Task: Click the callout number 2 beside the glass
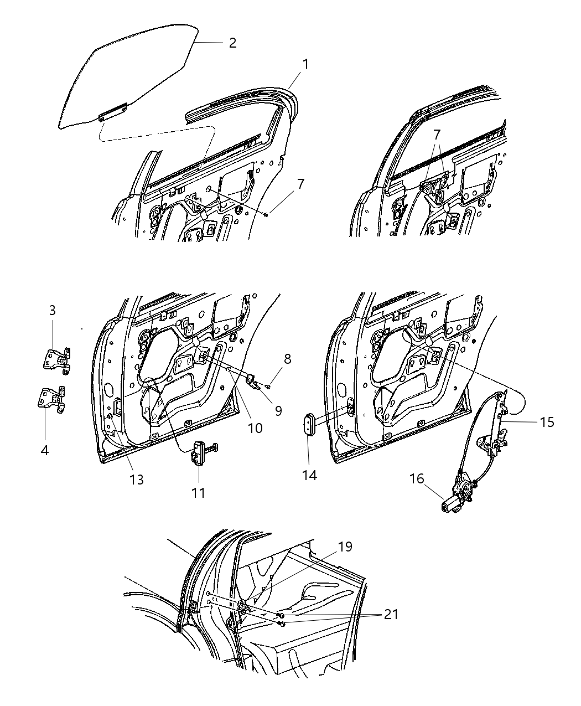(232, 43)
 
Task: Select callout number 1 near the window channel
(305, 64)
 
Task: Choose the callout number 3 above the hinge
(53, 311)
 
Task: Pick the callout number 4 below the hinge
(44, 450)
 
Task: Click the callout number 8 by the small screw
(287, 358)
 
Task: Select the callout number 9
(278, 410)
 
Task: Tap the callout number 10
(255, 427)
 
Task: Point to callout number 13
(136, 480)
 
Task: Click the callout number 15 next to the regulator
(547, 422)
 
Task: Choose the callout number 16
(417, 478)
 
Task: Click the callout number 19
(345, 547)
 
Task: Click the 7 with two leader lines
(437, 133)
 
